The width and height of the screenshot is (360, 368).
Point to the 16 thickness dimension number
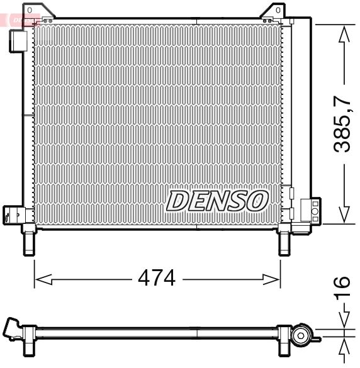click(342, 291)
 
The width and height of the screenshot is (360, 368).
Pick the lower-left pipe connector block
click(13, 214)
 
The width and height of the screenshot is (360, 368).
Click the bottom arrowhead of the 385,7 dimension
click(344, 216)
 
